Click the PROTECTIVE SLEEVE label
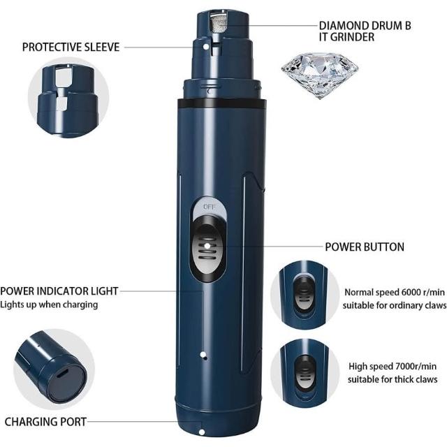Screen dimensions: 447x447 point(71,47)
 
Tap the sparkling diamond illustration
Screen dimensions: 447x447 point(320,75)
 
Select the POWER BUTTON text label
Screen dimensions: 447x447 point(365,247)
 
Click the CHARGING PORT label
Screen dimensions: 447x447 point(45,422)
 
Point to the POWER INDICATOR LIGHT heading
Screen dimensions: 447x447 point(59,291)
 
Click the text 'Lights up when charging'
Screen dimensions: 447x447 point(49,305)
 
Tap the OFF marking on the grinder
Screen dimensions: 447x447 point(210,207)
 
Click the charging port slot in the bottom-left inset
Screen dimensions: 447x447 point(61,372)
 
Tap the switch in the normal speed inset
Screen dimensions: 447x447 point(303,295)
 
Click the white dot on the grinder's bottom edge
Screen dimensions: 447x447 point(202,432)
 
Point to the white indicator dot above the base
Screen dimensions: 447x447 point(203,355)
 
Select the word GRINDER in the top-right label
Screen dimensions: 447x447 point(353,37)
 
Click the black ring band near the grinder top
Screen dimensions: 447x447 point(222,103)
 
